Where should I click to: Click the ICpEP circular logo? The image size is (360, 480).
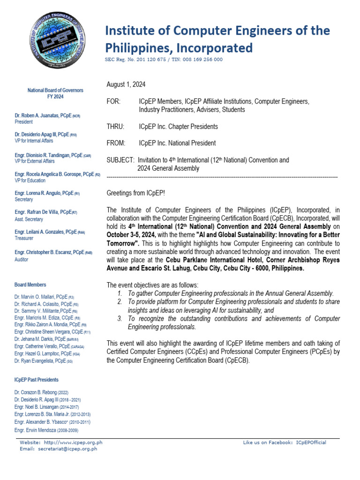click(x=55, y=42)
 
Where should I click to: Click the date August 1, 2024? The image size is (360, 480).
click(x=126, y=84)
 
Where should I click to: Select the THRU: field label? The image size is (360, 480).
click(x=115, y=127)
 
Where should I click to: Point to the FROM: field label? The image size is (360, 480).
click(x=116, y=143)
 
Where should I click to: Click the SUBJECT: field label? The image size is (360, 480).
click(x=120, y=160)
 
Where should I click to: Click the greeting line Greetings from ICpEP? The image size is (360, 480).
click(x=136, y=193)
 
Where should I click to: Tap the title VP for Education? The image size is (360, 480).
click(x=30, y=180)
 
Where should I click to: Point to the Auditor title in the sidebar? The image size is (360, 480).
click(x=22, y=259)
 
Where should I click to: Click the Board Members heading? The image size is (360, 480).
click(x=30, y=285)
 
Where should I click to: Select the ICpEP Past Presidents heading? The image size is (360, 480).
click(x=37, y=380)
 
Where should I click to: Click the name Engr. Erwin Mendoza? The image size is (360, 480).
click(x=37, y=430)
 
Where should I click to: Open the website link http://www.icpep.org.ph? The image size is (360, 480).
click(x=73, y=442)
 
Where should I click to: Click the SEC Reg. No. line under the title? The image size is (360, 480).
click(x=164, y=60)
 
